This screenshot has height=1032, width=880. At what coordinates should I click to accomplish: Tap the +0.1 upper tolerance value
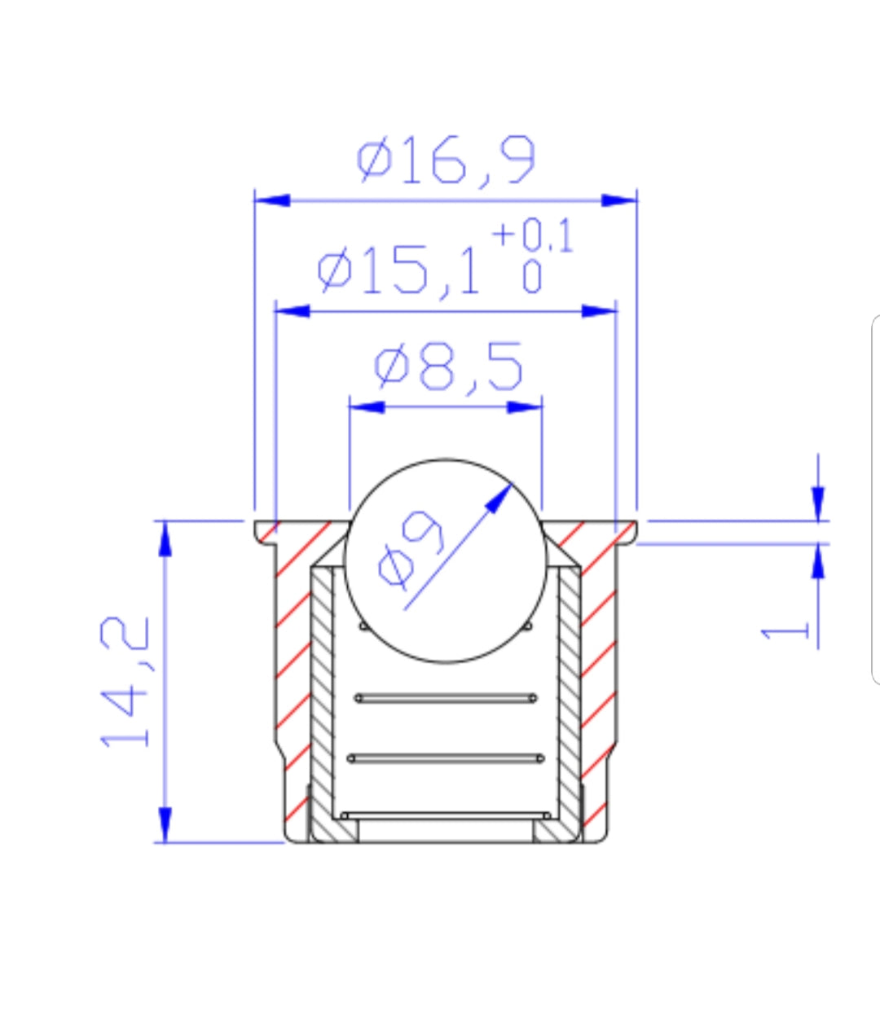[532, 235]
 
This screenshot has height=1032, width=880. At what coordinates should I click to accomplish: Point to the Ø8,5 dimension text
[448, 367]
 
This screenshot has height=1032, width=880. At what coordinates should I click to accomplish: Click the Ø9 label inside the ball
[411, 550]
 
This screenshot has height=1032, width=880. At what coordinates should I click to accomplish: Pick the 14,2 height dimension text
[125, 682]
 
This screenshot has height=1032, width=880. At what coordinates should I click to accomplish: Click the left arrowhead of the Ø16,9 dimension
[273, 200]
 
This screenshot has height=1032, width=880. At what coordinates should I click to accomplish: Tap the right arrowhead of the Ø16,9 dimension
[619, 200]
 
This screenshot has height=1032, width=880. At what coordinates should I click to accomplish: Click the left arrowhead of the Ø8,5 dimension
[367, 407]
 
